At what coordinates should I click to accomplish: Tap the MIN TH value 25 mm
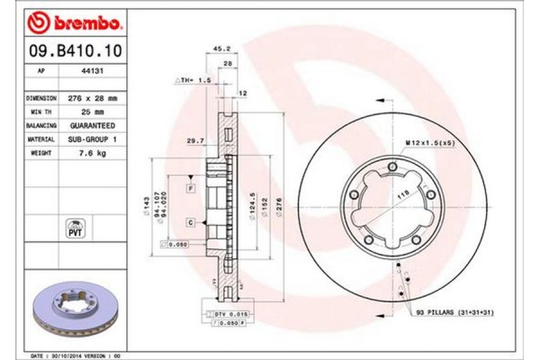[x=92, y=109]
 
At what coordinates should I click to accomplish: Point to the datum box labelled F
[x=191, y=187]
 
